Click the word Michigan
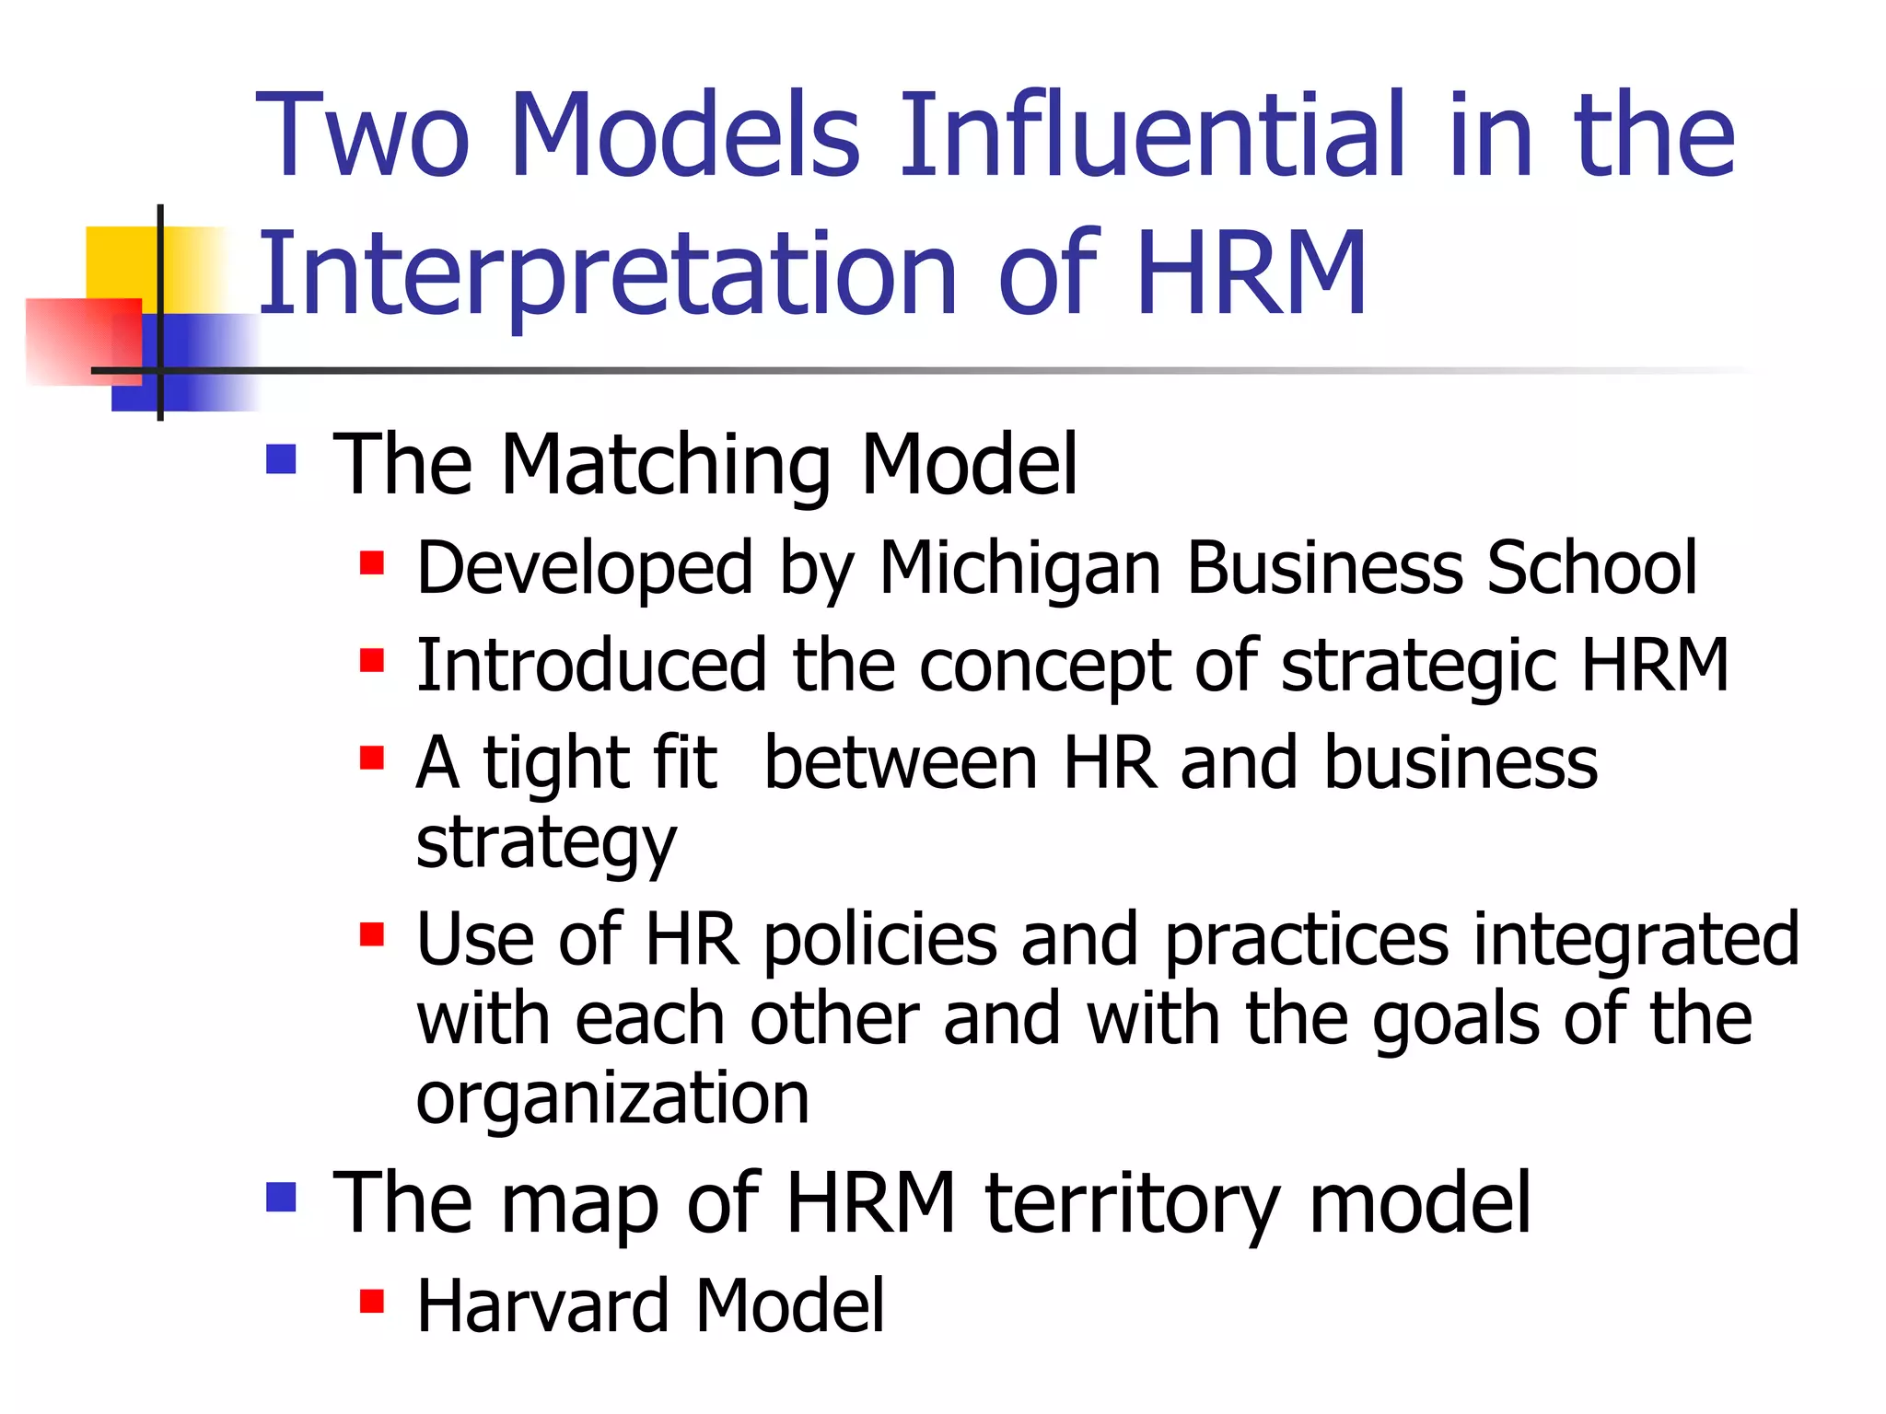(x=1020, y=569)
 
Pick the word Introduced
(x=591, y=665)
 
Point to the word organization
(x=612, y=1099)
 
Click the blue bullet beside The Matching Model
(x=281, y=458)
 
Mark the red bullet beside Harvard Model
(x=372, y=1301)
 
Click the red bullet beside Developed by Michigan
(x=372, y=562)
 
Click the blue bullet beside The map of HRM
(x=281, y=1197)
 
